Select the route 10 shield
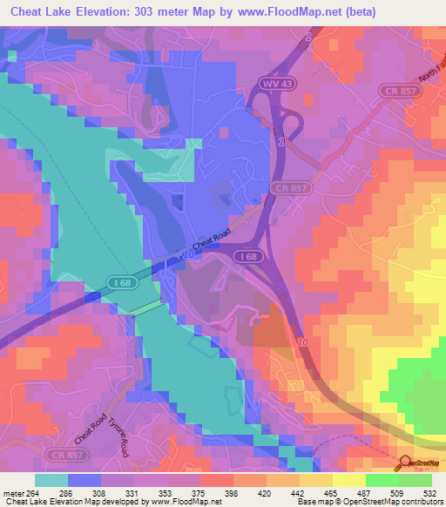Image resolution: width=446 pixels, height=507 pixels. point(302,342)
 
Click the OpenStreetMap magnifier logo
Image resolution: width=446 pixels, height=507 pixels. point(406,464)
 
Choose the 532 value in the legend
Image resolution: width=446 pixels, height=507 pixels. point(430,491)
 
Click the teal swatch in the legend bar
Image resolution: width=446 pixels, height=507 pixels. point(51,480)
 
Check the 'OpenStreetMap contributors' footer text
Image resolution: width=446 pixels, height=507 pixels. point(401,502)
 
